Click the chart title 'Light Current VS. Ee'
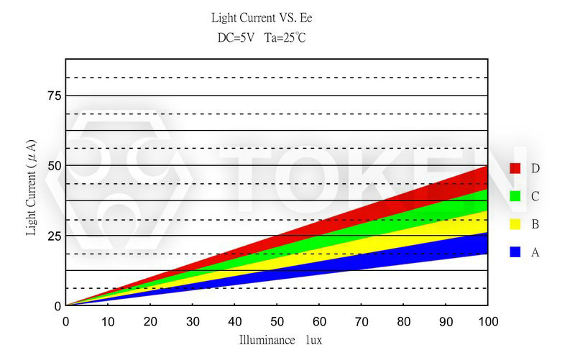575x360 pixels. (262, 17)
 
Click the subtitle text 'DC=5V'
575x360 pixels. (236, 37)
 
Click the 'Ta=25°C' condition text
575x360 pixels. (286, 37)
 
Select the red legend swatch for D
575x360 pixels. (515, 168)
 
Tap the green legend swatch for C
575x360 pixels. (515, 196)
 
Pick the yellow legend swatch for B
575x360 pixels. (515, 224)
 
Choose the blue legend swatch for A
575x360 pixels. (515, 252)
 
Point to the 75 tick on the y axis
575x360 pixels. (53, 96)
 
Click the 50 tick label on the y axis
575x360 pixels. (53, 165)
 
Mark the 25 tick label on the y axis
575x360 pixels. (53, 236)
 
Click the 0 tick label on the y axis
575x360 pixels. (57, 306)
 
